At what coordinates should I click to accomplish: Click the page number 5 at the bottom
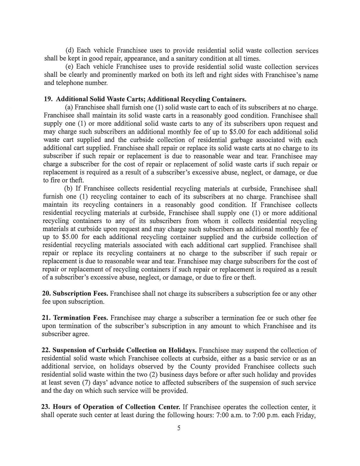[x=179, y=428]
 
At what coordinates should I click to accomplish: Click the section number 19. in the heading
[x=48, y=99]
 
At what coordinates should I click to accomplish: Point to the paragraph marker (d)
[x=70, y=51]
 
